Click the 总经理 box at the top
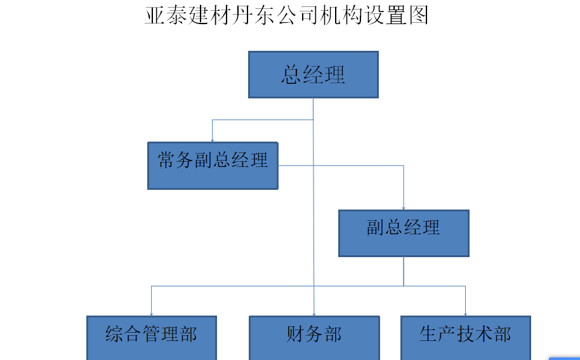pyautogui.click(x=313, y=75)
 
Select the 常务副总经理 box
pyautogui.click(x=213, y=166)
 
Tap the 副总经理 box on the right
pyautogui.click(x=404, y=233)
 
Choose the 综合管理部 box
pyautogui.click(x=151, y=337)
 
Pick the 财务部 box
pyautogui.click(x=314, y=337)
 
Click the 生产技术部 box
pyautogui.click(x=465, y=337)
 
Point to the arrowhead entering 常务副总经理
pyautogui.click(x=213, y=140)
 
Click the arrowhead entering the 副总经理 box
pyautogui.click(x=404, y=208)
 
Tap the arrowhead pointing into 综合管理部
pyautogui.click(x=151, y=313)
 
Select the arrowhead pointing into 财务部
pyautogui.click(x=314, y=313)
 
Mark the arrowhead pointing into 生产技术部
pyautogui.click(x=466, y=313)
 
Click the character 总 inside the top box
pyautogui.click(x=291, y=75)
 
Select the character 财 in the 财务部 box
pyautogui.click(x=296, y=334)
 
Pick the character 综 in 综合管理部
pyautogui.click(x=115, y=334)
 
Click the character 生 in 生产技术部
pyautogui.click(x=429, y=334)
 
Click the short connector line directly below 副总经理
pyautogui.click(x=404, y=271)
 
